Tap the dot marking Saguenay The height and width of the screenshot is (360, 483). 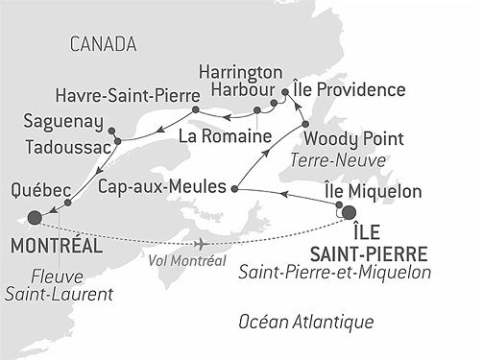[x=111, y=130]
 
